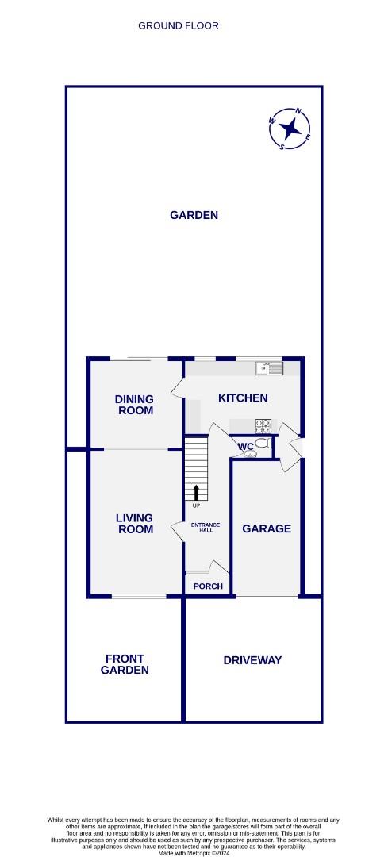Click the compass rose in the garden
(290, 128)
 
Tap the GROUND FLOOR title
(179, 25)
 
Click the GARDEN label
(194, 215)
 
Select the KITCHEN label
(243, 398)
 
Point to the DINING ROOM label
(134, 405)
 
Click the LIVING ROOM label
(135, 524)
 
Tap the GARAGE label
(267, 528)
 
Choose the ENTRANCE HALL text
(205, 528)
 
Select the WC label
(246, 447)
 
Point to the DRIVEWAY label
(252, 660)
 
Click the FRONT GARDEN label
(125, 664)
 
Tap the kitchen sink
(269, 368)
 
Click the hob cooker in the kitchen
(263, 425)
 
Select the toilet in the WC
(261, 444)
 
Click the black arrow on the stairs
(196, 491)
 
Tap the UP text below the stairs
(196, 505)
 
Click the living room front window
(139, 596)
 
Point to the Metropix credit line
(194, 853)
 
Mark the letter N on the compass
(298, 111)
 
